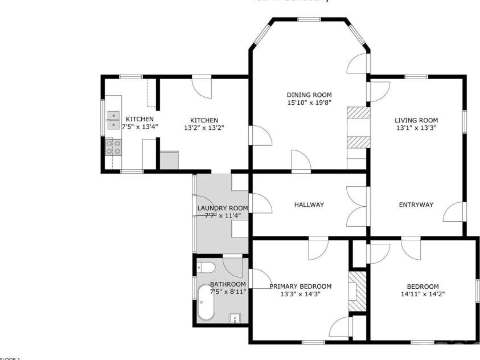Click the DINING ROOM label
pyautogui.click(x=309, y=95)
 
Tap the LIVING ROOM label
pyautogui.click(x=416, y=120)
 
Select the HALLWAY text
pyautogui.click(x=309, y=205)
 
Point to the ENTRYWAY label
pyautogui.click(x=416, y=205)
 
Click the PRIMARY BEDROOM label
pyautogui.click(x=300, y=287)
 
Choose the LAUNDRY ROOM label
pyautogui.click(x=223, y=208)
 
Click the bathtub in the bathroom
pyautogui.click(x=206, y=304)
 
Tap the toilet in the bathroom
pyautogui.click(x=207, y=267)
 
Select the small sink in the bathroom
pyautogui.click(x=235, y=318)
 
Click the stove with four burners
pyautogui.click(x=113, y=148)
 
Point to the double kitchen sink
pyautogui.click(x=113, y=120)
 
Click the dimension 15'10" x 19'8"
pyautogui.click(x=309, y=103)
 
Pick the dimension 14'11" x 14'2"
pyautogui.click(x=422, y=294)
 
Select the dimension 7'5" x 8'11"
pyautogui.click(x=228, y=292)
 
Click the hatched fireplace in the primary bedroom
pyautogui.click(x=355, y=291)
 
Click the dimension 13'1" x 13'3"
pyautogui.click(x=416, y=128)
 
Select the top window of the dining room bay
pyautogui.click(x=309, y=20)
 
